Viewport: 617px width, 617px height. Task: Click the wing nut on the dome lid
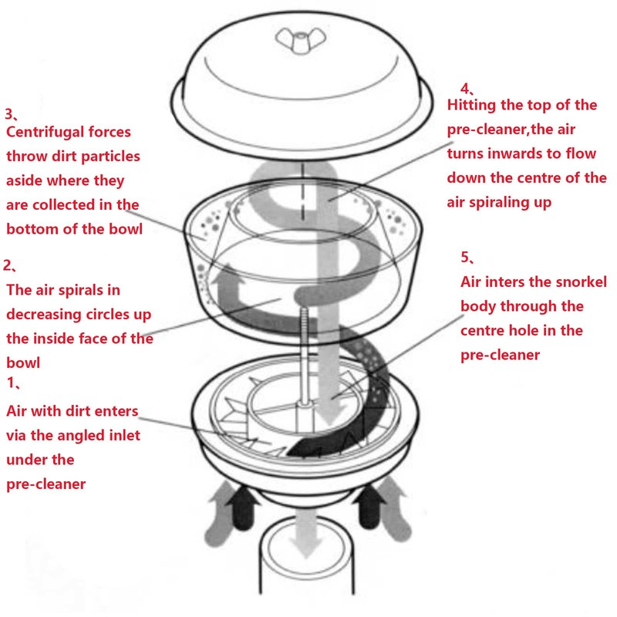coord(301,40)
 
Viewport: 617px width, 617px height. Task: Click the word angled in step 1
coord(83,436)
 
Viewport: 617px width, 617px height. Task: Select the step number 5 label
coord(467,257)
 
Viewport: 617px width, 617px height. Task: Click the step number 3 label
coord(11,114)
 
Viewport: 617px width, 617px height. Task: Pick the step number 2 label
coord(9,265)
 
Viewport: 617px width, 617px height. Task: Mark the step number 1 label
coord(13,383)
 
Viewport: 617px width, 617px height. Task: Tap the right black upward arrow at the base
coord(369,507)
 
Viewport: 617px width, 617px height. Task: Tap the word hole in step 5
coord(524,331)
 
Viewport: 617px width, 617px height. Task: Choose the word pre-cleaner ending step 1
coord(46,484)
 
